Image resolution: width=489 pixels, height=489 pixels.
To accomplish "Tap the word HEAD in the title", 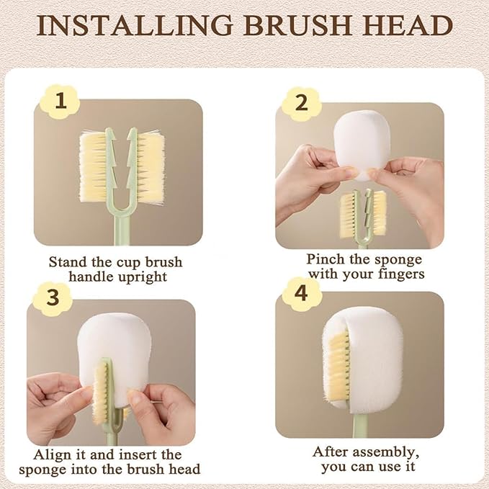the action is [408, 25].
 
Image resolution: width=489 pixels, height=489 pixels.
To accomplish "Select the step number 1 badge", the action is [60, 101].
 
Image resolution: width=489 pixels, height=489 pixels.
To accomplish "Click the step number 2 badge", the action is [301, 102].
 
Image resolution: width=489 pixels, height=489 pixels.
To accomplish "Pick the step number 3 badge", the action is [53, 297].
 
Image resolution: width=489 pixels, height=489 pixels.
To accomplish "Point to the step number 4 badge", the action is [301, 293].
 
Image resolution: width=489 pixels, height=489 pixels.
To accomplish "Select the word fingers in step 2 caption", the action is [401, 274].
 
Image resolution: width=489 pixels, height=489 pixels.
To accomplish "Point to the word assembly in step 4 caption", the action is [390, 452].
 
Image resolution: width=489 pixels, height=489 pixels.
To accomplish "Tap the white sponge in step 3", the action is [115, 359].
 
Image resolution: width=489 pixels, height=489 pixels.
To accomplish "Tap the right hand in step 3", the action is [163, 412].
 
